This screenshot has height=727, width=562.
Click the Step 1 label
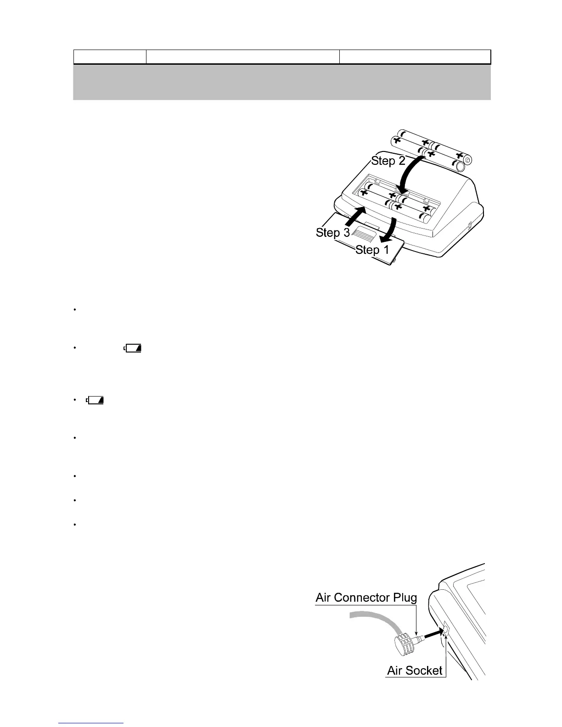pos(372,250)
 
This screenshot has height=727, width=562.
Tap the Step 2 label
pos(388,161)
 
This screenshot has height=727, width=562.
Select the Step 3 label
pos(333,233)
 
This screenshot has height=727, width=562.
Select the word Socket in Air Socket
pos(424,671)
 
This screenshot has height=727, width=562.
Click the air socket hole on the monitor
pos(445,629)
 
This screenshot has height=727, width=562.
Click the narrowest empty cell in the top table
pos(110,56)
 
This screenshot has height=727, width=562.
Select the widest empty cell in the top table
pos(242,56)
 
